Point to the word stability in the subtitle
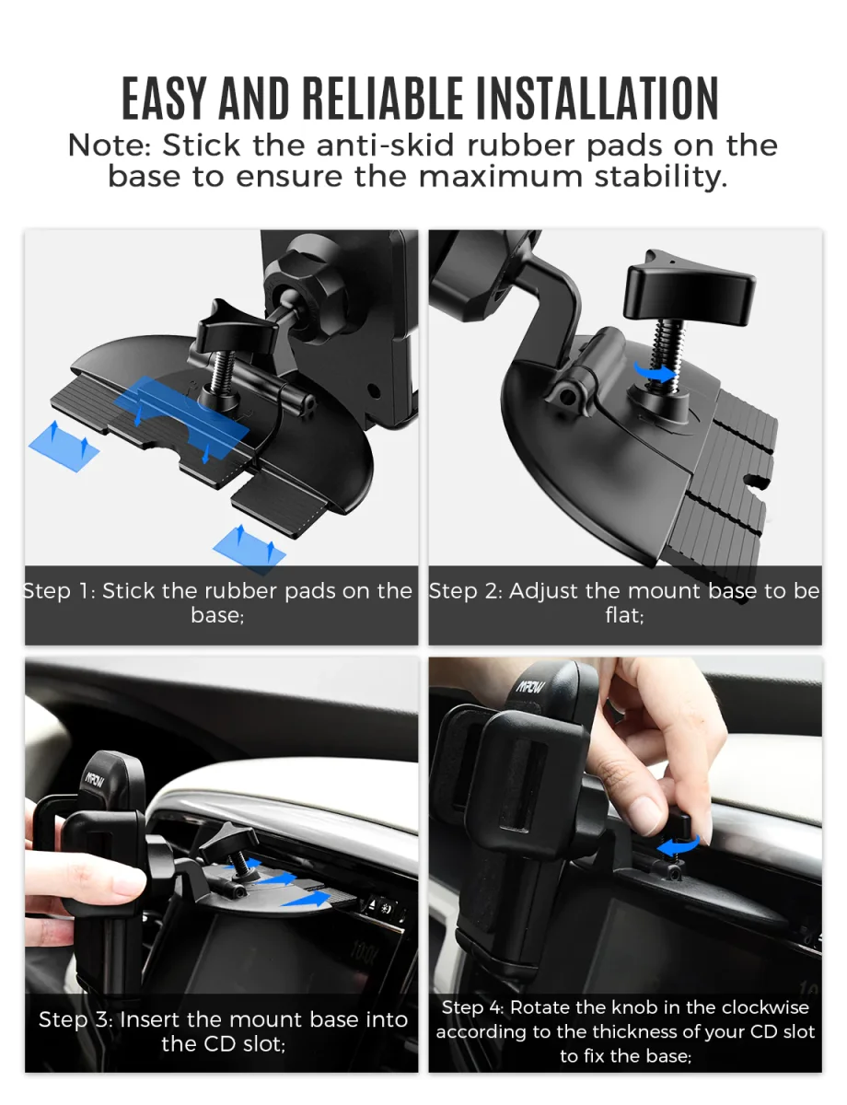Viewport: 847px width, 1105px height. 661,178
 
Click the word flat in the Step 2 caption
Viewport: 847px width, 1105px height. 624,615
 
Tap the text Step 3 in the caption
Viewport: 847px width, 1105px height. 75,1020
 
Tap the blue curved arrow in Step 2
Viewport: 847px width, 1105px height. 655,373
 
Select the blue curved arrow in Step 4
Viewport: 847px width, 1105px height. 679,845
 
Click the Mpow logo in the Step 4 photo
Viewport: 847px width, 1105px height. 530,687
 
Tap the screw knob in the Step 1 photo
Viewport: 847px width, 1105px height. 236,328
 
